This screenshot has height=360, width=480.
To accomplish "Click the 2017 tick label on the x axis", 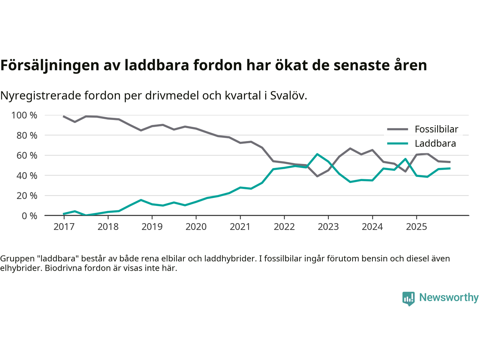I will (64, 227).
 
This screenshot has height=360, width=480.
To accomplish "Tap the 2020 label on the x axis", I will (196, 227).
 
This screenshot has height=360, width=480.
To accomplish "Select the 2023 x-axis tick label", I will (328, 227).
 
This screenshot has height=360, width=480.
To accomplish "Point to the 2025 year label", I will (416, 227).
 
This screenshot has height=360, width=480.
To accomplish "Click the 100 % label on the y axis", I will (24, 115).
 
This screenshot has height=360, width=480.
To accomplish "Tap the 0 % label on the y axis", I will (29, 216).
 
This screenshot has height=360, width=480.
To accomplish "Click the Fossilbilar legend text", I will (436, 129).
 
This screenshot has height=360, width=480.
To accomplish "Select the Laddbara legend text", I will (435, 144).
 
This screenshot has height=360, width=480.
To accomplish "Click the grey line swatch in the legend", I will (397, 129).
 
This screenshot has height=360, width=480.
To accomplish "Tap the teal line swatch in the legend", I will (397, 144).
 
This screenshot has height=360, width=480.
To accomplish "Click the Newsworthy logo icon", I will (408, 298).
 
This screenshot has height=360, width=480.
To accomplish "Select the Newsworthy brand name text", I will (448, 297).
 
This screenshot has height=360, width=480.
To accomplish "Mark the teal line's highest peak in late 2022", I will (317, 154).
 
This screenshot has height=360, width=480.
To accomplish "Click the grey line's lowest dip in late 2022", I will (317, 176).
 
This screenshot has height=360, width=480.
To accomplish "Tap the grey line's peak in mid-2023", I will (350, 148).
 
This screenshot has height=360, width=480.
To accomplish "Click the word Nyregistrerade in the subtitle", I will (40, 96).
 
